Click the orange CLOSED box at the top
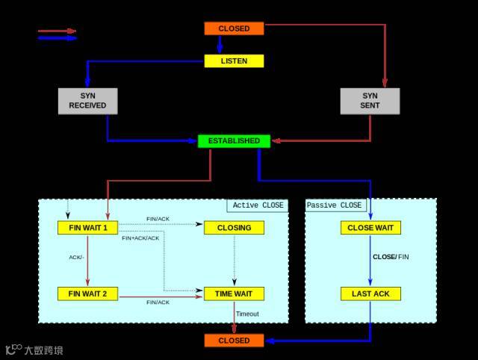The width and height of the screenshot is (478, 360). pos(234,28)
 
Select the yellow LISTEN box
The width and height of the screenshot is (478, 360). pos(234,60)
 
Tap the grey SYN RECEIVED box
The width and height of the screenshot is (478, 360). pos(87,101)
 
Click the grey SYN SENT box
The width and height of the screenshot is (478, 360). pos(370,101)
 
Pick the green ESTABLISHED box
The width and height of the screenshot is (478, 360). pos(234,140)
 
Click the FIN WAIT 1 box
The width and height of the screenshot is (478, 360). pos(87,227)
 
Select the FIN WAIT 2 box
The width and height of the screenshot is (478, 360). pos(87,294)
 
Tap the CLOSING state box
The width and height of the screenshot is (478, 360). pos(234,227)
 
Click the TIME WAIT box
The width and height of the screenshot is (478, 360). pos(234,294)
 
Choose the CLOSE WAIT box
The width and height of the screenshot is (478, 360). pos(370,227)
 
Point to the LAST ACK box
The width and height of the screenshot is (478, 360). pos(370,294)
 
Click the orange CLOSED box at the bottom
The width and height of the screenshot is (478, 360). pos(234,341)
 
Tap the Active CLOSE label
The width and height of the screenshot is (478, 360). pos(258,205)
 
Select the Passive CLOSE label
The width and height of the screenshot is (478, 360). pos(335,205)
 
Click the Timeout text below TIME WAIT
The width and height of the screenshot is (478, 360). pos(247,314)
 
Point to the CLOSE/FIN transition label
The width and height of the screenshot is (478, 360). pos(391,257)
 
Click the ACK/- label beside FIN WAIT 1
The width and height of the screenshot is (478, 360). pos(76,257)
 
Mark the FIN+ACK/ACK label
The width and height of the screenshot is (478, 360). pos(140,238)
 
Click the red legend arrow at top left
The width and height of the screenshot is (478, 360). pos(57,31)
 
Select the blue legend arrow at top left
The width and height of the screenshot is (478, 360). pos(57,38)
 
